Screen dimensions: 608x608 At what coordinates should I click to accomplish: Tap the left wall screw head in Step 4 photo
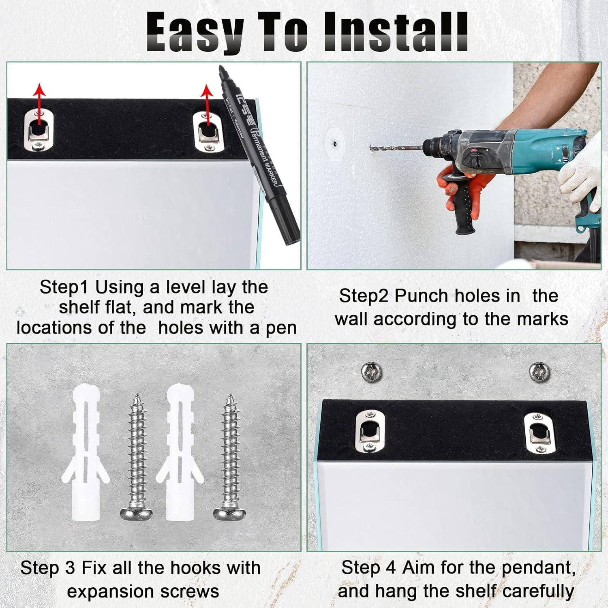tap(371, 370)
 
